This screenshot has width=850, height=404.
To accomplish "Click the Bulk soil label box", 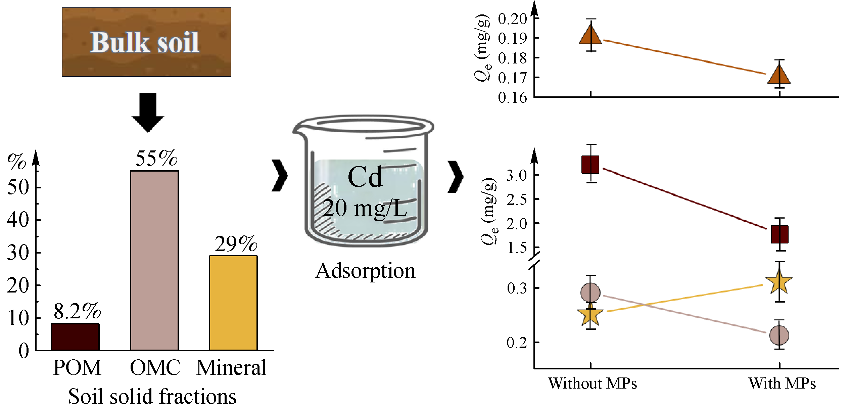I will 146,42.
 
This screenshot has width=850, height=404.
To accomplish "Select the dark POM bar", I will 75,337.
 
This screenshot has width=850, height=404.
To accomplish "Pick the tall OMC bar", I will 154,261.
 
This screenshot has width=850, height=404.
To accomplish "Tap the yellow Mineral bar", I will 233,303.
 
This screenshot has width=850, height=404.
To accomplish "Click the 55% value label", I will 156,158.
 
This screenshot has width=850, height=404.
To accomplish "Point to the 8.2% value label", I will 77,311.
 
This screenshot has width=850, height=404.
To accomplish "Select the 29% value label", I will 236,244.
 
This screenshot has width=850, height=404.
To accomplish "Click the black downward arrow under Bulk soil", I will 148,113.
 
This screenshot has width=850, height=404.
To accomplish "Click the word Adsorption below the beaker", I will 365,271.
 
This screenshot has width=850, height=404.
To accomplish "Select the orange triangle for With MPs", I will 779,75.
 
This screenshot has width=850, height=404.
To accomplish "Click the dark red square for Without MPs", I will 591,165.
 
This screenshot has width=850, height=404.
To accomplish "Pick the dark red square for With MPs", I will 780,234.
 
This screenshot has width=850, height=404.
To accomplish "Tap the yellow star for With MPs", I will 779,282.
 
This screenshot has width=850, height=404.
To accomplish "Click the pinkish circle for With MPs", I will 779,335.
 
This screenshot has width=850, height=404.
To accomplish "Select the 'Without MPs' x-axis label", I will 593,383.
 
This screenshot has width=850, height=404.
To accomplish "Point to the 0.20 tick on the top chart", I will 512,19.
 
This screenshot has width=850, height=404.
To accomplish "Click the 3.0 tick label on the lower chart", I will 516,175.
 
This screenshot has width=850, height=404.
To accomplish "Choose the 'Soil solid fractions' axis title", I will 152,396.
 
